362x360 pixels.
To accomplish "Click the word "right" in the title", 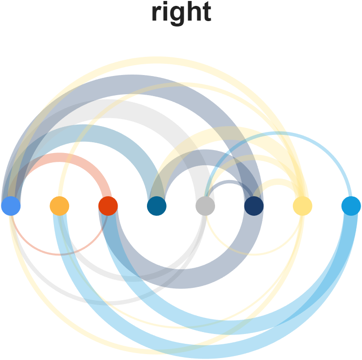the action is [x=181, y=13].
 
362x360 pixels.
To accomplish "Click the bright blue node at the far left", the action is [x=11, y=206].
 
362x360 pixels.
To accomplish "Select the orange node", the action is [x=59, y=206].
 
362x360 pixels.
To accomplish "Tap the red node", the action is [x=108, y=206].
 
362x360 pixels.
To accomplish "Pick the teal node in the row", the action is [x=157, y=206].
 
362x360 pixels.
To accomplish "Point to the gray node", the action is [x=205, y=206].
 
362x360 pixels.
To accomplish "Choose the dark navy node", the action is [x=254, y=206].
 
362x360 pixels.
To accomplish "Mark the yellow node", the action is [x=302, y=206].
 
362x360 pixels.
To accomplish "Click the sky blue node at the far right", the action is [x=351, y=206].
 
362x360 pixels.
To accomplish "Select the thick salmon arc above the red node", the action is [x=59, y=158].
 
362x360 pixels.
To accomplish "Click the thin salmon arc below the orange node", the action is [x=59, y=254].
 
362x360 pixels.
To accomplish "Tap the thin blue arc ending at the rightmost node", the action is [x=278, y=133].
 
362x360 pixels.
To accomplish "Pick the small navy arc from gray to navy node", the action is [x=229, y=182].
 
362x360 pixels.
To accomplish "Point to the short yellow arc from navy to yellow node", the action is [x=278, y=183].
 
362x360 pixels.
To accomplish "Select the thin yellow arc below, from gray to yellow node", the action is [x=254, y=254].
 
